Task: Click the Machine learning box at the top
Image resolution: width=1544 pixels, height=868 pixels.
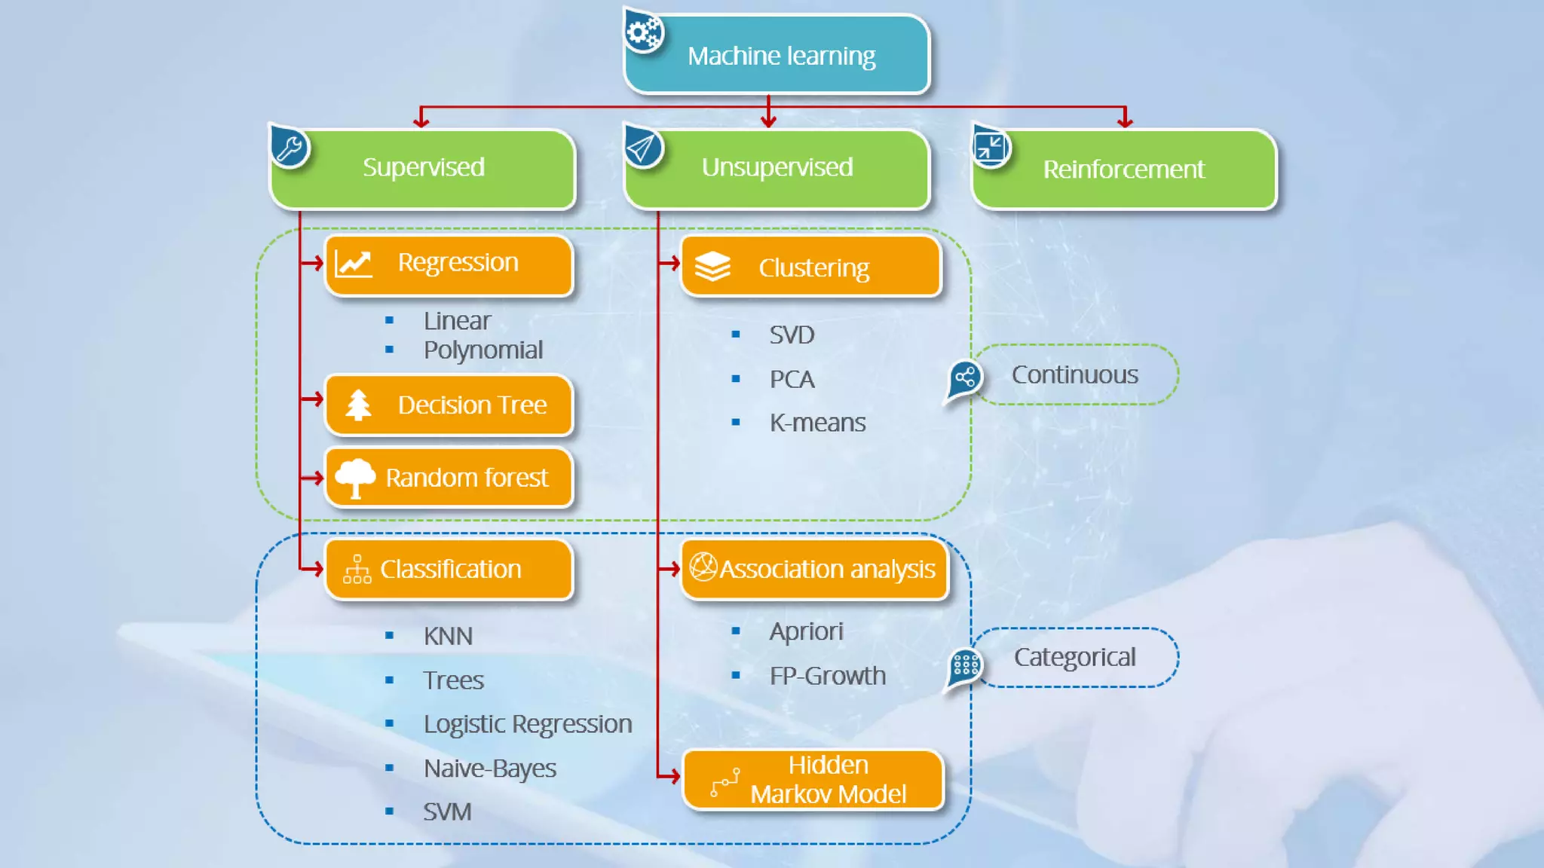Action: [x=780, y=56]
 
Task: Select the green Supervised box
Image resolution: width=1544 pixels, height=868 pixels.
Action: [x=424, y=168]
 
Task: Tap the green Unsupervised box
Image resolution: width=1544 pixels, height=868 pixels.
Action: [x=777, y=168]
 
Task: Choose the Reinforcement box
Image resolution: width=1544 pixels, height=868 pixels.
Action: [x=1123, y=170]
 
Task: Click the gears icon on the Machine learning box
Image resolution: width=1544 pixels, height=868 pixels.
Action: [x=644, y=32]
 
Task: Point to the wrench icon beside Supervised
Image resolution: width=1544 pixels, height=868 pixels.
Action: [x=289, y=147]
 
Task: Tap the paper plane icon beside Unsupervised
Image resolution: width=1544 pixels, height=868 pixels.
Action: [x=643, y=148]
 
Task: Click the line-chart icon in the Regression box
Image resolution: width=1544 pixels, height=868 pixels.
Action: [x=354, y=264]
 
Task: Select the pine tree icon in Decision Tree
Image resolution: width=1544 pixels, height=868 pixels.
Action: [x=358, y=405]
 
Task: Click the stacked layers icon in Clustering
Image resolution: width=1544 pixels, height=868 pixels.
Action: [x=712, y=267]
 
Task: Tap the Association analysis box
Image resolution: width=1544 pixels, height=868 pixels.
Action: [x=814, y=569]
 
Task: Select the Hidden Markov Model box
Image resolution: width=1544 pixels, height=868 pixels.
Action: [x=813, y=780]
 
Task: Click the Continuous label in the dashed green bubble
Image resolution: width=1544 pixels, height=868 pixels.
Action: [x=1074, y=374]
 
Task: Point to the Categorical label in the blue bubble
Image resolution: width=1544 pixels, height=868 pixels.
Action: [x=1074, y=657]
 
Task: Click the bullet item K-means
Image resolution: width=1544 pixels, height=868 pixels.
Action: [x=817, y=423]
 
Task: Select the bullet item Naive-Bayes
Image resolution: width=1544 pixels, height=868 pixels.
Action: [x=490, y=769]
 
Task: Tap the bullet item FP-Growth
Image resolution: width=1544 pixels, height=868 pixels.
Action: [x=828, y=676]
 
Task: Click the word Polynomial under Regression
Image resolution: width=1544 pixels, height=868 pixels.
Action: [x=483, y=350]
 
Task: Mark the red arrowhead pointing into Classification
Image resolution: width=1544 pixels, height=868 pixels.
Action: [x=317, y=569]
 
